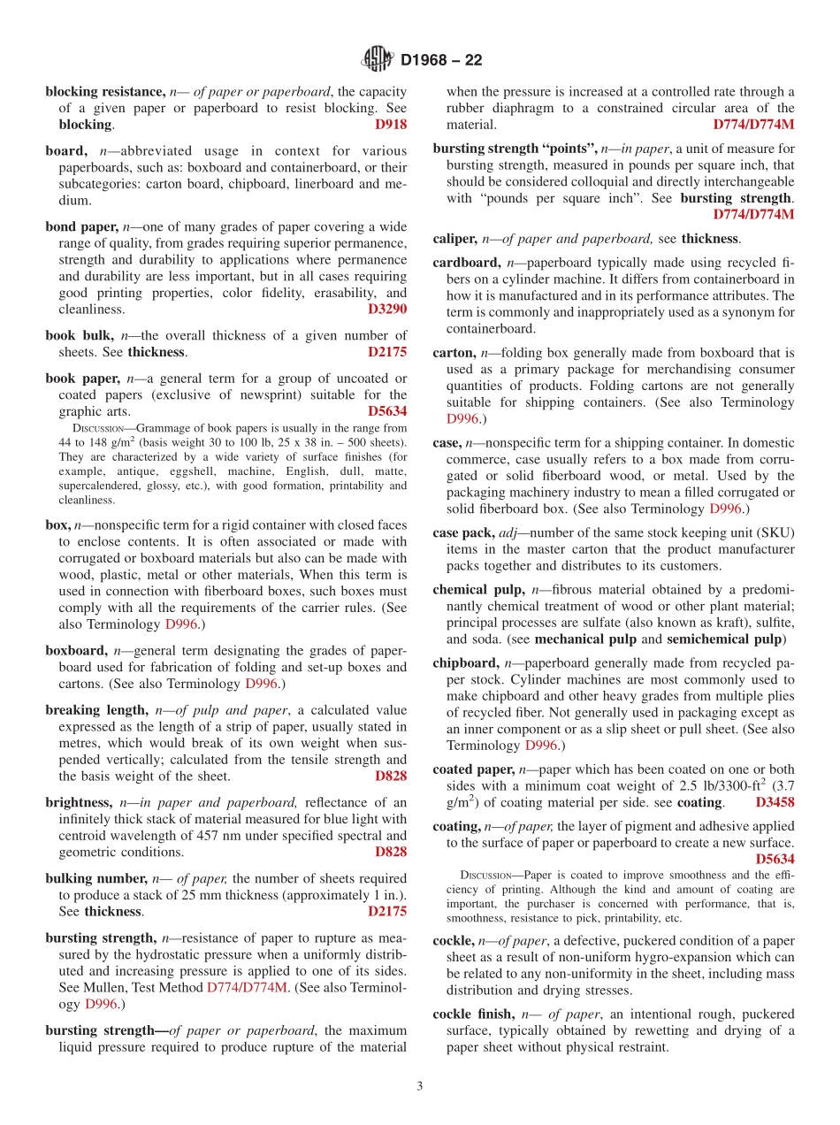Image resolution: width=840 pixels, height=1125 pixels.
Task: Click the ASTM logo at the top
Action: click(378, 60)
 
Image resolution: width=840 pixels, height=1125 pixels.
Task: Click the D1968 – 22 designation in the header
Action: click(441, 61)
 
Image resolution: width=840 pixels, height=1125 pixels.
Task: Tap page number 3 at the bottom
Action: click(420, 1086)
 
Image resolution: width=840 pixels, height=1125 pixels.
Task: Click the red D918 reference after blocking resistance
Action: click(391, 125)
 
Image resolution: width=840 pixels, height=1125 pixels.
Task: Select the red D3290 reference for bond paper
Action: click(387, 310)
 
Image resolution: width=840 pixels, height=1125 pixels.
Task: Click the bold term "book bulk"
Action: click(80, 335)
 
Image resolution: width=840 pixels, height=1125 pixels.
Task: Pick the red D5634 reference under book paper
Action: click(387, 411)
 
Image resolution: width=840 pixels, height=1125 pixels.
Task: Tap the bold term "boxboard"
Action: click(76, 650)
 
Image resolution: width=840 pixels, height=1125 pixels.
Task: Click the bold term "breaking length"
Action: click(96, 710)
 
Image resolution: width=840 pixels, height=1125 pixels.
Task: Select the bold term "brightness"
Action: click(79, 802)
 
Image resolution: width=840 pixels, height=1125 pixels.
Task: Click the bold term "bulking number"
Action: click(96, 878)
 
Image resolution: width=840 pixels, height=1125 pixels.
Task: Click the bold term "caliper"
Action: click(454, 239)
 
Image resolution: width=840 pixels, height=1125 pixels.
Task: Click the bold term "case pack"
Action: click(458, 533)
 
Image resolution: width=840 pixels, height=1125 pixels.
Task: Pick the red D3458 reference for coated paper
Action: click(775, 803)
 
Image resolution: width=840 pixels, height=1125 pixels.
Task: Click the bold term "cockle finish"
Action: click(473, 1014)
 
